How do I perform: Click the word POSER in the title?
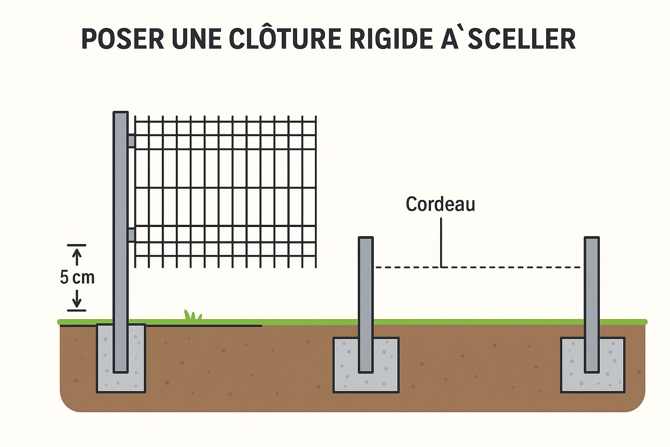123,39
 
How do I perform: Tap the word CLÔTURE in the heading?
285,39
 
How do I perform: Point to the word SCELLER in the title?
522,39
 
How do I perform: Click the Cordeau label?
440,204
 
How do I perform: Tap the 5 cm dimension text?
77,278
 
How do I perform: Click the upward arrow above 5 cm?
77,256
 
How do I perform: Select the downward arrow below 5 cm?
77,299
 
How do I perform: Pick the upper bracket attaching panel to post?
131,141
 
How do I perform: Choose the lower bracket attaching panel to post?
131,235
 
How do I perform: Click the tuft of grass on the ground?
192,316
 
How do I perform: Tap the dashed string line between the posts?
515,267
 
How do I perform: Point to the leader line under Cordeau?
441,242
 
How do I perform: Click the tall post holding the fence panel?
120,218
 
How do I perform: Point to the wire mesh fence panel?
225,192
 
